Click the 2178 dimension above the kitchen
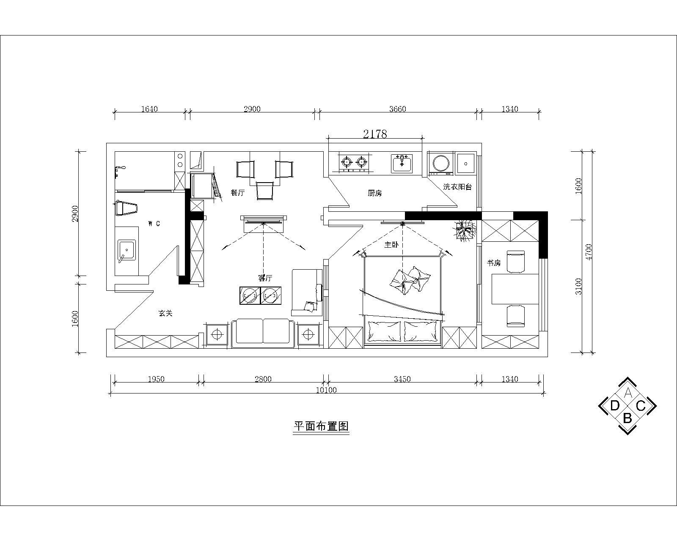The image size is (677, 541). pos(375,134)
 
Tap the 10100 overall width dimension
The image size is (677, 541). pos(326,390)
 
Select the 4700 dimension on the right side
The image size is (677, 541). pos(589,252)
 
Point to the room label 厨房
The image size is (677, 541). pos(374,193)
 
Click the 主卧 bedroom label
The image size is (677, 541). pos(391,244)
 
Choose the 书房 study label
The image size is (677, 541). pos(493,263)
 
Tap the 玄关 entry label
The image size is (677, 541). pos(165,313)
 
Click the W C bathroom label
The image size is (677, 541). pos(154,224)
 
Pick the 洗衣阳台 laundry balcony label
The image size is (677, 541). pos(457,186)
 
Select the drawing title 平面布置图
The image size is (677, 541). pos(321,426)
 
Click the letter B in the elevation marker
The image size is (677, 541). pos(627,418)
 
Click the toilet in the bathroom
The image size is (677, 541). pos(127,208)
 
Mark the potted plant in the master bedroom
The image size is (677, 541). pos(465,230)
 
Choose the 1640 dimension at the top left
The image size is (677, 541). pos(149,109)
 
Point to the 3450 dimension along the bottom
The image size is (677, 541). pos(402,379)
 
